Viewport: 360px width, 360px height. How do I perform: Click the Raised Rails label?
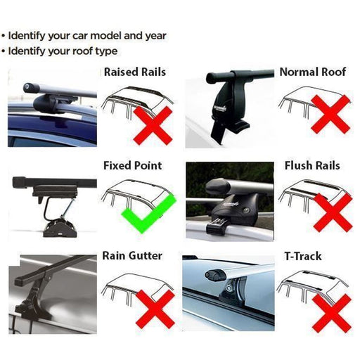(x=136, y=72)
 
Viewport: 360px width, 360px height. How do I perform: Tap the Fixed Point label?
(x=132, y=166)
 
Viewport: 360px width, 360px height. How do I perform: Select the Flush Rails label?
(x=312, y=166)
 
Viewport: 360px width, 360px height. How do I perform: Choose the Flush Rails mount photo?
(x=229, y=200)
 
